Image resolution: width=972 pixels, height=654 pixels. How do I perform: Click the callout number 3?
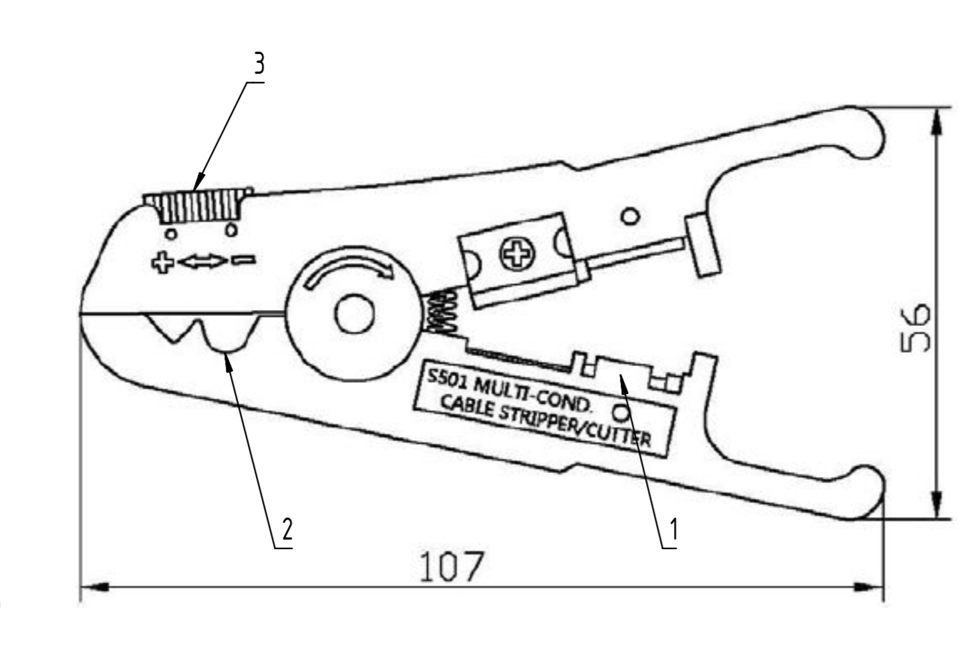[x=259, y=65]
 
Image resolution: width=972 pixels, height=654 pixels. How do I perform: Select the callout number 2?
[x=287, y=530]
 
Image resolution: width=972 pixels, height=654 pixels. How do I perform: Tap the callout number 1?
[x=673, y=530]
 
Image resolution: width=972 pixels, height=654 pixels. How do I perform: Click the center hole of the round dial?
[x=354, y=315]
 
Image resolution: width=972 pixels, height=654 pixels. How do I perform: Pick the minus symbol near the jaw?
[x=242, y=261]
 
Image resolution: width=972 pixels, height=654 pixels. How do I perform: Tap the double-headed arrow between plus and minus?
[x=202, y=262]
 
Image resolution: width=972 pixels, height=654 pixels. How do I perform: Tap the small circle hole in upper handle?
[x=630, y=216]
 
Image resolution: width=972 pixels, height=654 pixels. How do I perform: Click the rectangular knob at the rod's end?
[x=704, y=244]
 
